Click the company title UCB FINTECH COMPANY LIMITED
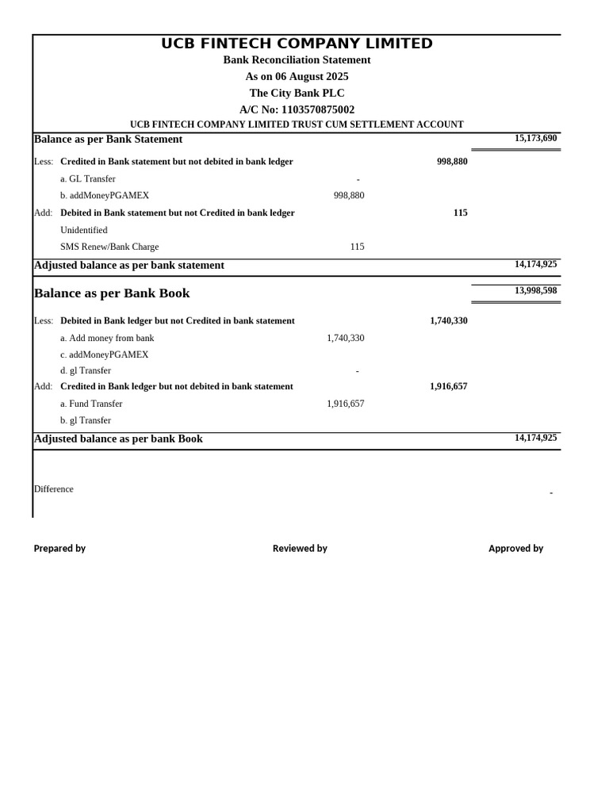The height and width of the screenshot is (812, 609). (297, 44)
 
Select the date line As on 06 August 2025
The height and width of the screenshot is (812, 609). (297, 76)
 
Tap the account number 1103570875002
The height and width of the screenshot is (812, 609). (317, 109)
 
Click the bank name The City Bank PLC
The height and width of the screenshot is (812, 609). (297, 93)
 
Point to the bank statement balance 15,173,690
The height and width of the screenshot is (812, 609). (535, 138)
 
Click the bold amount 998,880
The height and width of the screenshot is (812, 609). (452, 161)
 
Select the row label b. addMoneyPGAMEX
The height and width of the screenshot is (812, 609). (105, 195)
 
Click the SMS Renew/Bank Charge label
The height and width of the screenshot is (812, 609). (109, 247)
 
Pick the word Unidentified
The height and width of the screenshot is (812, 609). (84, 230)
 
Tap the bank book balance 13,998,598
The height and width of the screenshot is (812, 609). (535, 290)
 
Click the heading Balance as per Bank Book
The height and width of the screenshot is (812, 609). (112, 293)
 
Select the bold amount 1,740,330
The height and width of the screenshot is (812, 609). (448, 320)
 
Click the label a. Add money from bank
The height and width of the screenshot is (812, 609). (107, 338)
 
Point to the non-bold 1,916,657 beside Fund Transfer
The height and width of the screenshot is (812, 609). (345, 404)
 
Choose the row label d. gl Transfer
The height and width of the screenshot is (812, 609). (86, 370)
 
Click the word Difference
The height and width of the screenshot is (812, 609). (54, 489)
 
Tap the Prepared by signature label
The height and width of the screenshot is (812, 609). (59, 548)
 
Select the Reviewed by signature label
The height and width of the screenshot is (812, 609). (300, 548)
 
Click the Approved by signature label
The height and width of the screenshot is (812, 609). (515, 548)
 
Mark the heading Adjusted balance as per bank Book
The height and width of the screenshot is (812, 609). (118, 439)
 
